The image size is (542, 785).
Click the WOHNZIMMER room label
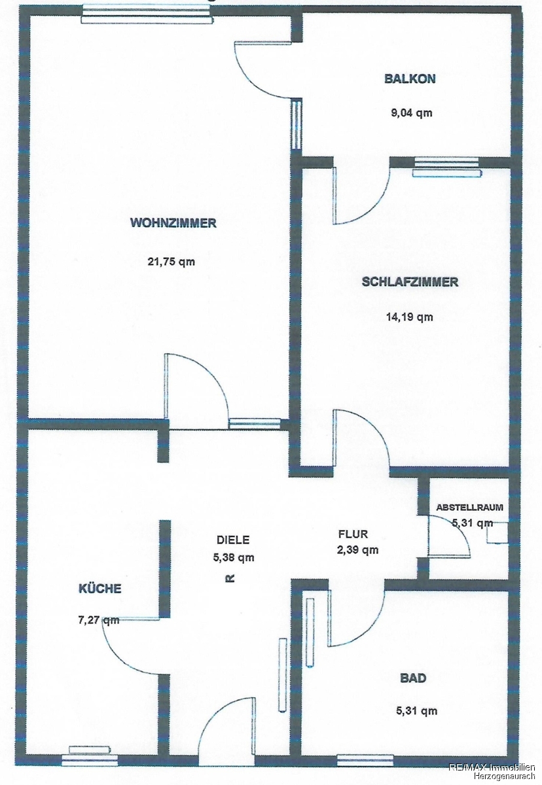(173, 223)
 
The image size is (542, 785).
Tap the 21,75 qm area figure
(171, 262)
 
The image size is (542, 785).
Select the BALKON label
(410, 78)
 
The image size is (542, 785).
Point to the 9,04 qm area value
(411, 113)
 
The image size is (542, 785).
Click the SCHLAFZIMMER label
(410, 282)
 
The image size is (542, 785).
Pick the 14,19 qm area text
(410, 317)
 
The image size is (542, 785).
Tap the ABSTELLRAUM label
(469, 507)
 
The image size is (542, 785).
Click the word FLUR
(353, 534)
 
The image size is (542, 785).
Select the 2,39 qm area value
(357, 550)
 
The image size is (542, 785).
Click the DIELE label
(233, 540)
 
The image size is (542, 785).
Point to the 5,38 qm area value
(234, 557)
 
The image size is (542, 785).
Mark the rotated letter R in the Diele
(230, 578)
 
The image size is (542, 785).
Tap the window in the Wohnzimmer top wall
(147, 14)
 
